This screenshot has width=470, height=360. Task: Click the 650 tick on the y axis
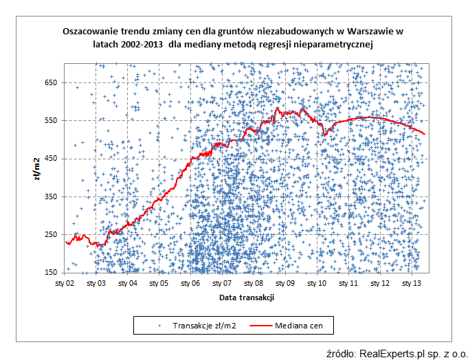[x=52, y=82]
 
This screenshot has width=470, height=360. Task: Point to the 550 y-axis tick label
[x=52, y=120]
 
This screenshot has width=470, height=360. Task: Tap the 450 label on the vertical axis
[x=52, y=159]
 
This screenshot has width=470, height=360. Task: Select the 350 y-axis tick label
[x=52, y=196]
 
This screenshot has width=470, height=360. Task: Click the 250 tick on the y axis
[x=52, y=234]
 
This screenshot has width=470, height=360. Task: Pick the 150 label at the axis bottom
[x=52, y=273]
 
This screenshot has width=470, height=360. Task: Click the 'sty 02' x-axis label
[x=65, y=283]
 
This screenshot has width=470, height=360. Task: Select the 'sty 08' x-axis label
[x=254, y=283]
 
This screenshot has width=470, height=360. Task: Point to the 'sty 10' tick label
[x=316, y=283]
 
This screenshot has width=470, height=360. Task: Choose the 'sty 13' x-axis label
[x=411, y=283]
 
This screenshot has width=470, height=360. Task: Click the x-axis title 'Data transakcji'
[x=247, y=297]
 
